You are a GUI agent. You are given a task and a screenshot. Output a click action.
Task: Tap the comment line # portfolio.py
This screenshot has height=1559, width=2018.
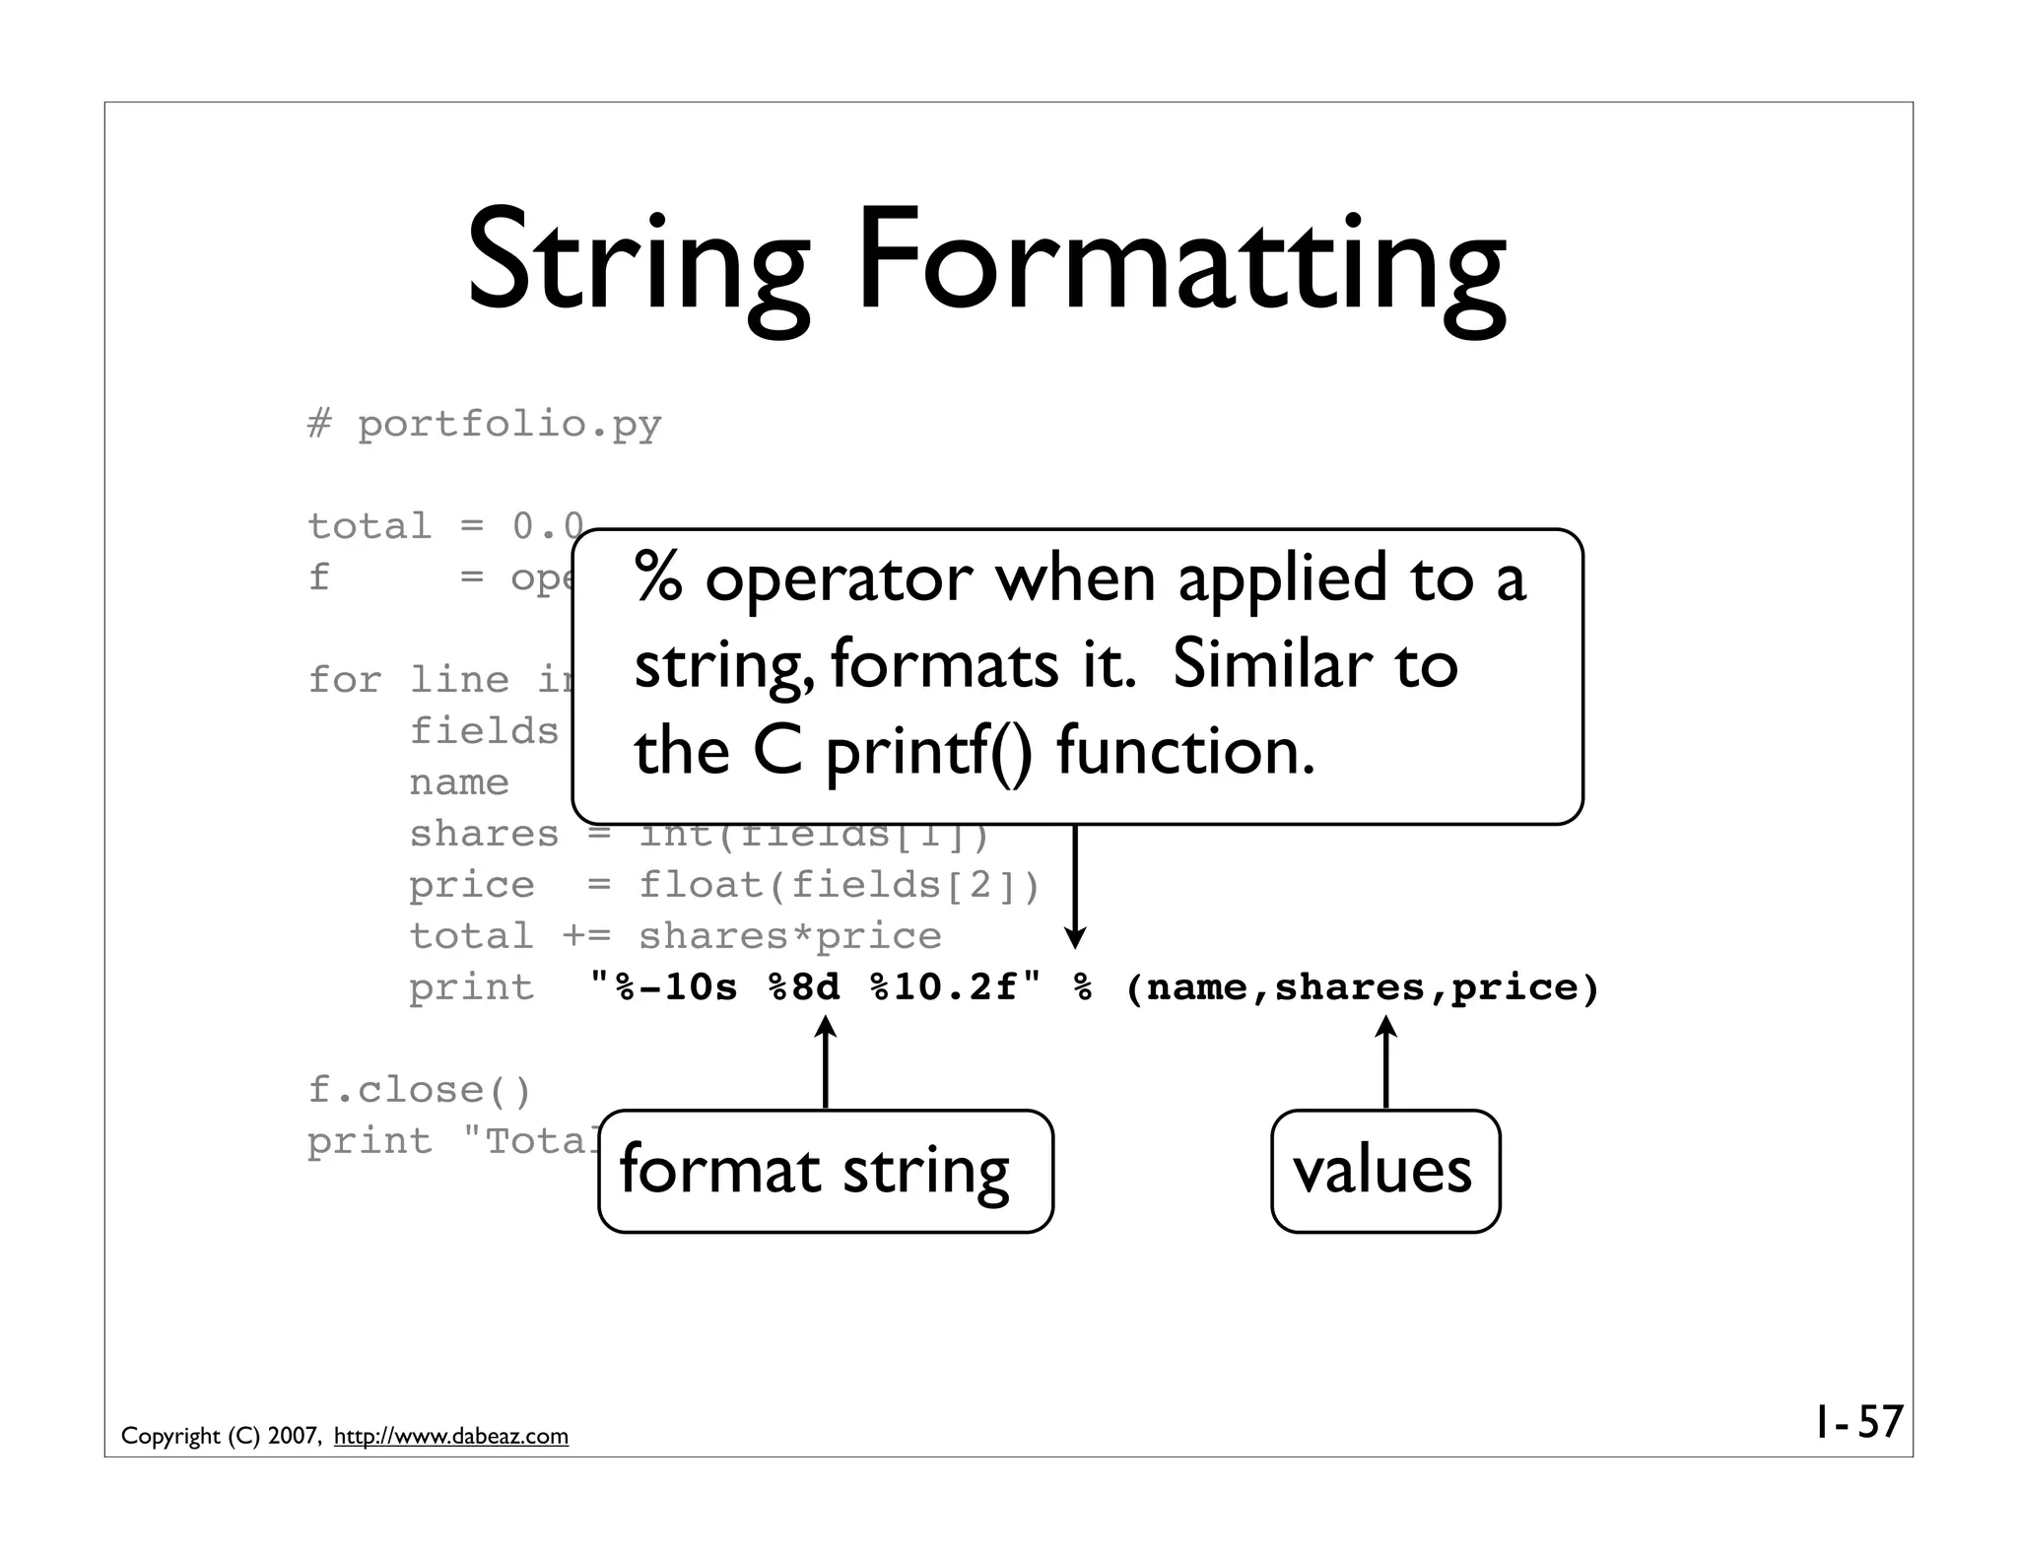coord(484,425)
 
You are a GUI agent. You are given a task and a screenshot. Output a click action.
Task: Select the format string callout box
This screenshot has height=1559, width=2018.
coord(825,1171)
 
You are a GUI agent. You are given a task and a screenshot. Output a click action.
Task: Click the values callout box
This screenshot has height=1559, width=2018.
coord(1384,1171)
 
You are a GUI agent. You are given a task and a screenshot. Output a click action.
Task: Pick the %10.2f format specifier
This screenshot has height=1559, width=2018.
coord(944,987)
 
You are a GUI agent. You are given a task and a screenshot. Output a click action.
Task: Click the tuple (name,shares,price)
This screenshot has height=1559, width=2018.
coord(1362,987)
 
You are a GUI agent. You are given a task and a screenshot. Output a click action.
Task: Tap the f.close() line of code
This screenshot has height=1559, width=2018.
coord(419,1090)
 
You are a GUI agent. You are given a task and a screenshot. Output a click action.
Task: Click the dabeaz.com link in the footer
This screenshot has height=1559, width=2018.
coord(451,1436)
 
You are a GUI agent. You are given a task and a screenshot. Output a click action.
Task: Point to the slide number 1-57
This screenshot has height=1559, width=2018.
coord(1858,1422)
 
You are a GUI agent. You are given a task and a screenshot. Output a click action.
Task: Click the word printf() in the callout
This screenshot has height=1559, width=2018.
coord(929,752)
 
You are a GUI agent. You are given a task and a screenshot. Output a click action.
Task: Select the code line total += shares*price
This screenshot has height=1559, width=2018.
coord(675,936)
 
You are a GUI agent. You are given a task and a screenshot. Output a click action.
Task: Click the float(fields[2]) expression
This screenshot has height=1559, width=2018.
coord(840,885)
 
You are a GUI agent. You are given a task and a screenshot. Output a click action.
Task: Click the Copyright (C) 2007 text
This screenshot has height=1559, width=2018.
coord(221,1436)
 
